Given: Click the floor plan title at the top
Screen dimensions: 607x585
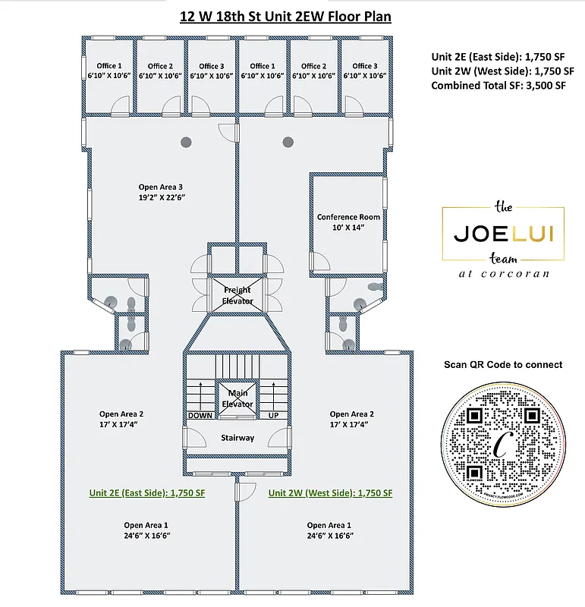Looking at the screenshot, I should click(x=285, y=16).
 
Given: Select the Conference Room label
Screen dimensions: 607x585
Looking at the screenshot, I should click(x=348, y=217).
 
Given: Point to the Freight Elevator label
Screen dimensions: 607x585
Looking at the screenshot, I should click(x=237, y=295).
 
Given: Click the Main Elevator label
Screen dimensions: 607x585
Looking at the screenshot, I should click(x=237, y=398).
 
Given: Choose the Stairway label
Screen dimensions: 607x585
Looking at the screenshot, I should click(x=237, y=438).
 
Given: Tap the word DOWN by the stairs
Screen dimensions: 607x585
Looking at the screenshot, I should click(x=200, y=416).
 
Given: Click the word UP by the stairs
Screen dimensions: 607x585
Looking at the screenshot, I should click(x=274, y=416).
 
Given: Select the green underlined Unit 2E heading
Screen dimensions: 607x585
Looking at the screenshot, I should click(x=147, y=492).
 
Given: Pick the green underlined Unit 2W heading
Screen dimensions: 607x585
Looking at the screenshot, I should click(x=330, y=492).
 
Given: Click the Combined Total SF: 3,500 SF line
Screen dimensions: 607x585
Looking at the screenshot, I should click(x=499, y=86).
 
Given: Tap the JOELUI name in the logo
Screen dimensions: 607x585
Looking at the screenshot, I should click(x=503, y=233).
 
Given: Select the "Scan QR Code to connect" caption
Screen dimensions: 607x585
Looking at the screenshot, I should click(x=503, y=364).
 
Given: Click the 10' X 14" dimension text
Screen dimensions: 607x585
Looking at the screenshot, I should click(x=348, y=228).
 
